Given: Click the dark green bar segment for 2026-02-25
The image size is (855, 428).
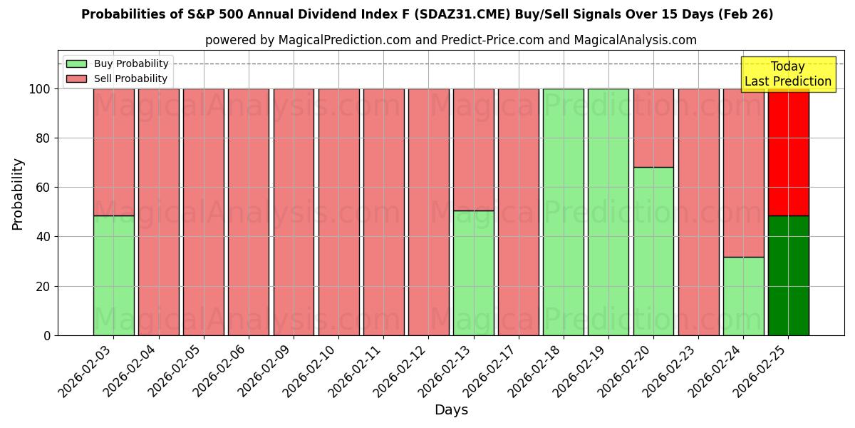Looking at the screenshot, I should (788, 275).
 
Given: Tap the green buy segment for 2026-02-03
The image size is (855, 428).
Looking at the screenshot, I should (113, 275).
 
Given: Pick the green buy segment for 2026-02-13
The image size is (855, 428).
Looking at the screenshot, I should (473, 272).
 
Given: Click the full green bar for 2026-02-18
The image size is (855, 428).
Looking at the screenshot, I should (563, 212).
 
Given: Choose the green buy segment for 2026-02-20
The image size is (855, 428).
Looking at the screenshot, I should (653, 251).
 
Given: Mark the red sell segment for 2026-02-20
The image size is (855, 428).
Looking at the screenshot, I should (653, 128).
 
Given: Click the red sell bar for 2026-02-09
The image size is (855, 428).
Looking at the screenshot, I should (294, 212).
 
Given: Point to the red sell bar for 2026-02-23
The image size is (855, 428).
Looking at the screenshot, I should (698, 212).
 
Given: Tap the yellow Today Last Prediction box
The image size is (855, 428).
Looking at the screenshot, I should (787, 74).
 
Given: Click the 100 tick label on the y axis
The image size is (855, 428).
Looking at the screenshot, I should (41, 89).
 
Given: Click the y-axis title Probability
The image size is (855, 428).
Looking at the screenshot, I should (18, 193).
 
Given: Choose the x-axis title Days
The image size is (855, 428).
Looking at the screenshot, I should (451, 410).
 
